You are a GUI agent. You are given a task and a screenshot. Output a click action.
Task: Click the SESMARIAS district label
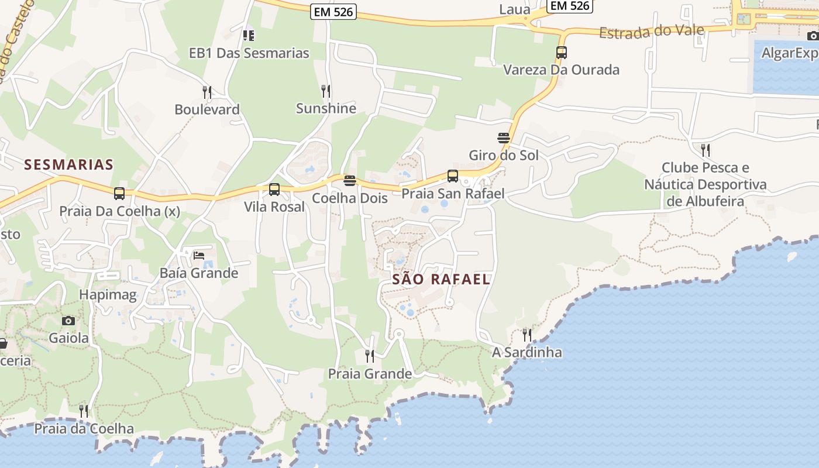coord(69,165)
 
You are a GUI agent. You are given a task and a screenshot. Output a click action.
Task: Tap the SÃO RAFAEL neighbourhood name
coord(441,280)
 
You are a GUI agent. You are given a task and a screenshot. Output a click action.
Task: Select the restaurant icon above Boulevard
coord(207,92)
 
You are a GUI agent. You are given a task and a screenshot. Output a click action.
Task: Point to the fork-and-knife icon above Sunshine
coord(326,91)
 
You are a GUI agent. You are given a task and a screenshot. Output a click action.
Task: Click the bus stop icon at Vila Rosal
coord(274,190)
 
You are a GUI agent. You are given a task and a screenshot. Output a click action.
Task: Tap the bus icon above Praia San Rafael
coord(452,176)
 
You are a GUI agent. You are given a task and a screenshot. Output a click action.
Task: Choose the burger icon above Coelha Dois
coord(350,181)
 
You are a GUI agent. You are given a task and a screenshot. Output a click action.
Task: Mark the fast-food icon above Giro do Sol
coord(503,138)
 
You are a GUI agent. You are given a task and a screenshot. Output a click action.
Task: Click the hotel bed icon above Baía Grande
coord(199,255)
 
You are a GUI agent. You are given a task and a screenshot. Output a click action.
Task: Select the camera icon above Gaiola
coord(68,321)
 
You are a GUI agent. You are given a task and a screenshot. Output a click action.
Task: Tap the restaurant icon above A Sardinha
coord(527,335)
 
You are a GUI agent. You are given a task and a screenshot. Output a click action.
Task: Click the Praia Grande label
coord(370,374)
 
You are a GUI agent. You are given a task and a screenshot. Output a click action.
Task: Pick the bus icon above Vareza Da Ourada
coord(562,53)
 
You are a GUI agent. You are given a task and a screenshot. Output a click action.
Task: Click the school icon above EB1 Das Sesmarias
coord(249,35)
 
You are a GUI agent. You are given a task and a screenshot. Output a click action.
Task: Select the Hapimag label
coord(108,295)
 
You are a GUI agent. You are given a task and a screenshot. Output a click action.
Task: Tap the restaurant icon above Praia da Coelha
coord(84,411)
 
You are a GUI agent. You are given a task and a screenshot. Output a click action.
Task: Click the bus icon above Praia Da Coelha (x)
coord(119,193)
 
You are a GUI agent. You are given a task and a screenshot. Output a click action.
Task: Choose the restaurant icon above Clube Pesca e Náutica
coord(706,150)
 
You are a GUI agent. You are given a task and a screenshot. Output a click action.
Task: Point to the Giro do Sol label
coord(504,156)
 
